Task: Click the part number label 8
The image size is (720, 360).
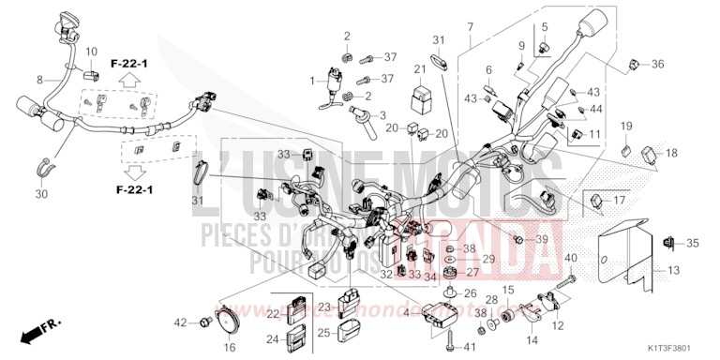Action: point(40,80)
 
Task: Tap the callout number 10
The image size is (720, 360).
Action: point(92,51)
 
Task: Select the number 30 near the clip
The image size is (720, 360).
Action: point(40,194)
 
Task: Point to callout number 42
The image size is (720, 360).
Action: point(180,323)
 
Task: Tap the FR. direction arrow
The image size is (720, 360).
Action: point(38,329)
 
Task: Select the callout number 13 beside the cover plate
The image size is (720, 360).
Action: point(673,271)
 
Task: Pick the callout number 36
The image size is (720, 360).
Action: point(657,64)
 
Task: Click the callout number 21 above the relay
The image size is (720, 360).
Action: point(420,69)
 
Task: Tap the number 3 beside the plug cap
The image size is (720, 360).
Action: point(382,114)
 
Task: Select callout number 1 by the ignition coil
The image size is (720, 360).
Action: point(313,81)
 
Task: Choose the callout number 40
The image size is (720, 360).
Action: point(571,258)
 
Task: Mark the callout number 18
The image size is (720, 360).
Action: point(670,152)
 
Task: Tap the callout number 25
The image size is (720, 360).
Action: point(322,332)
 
